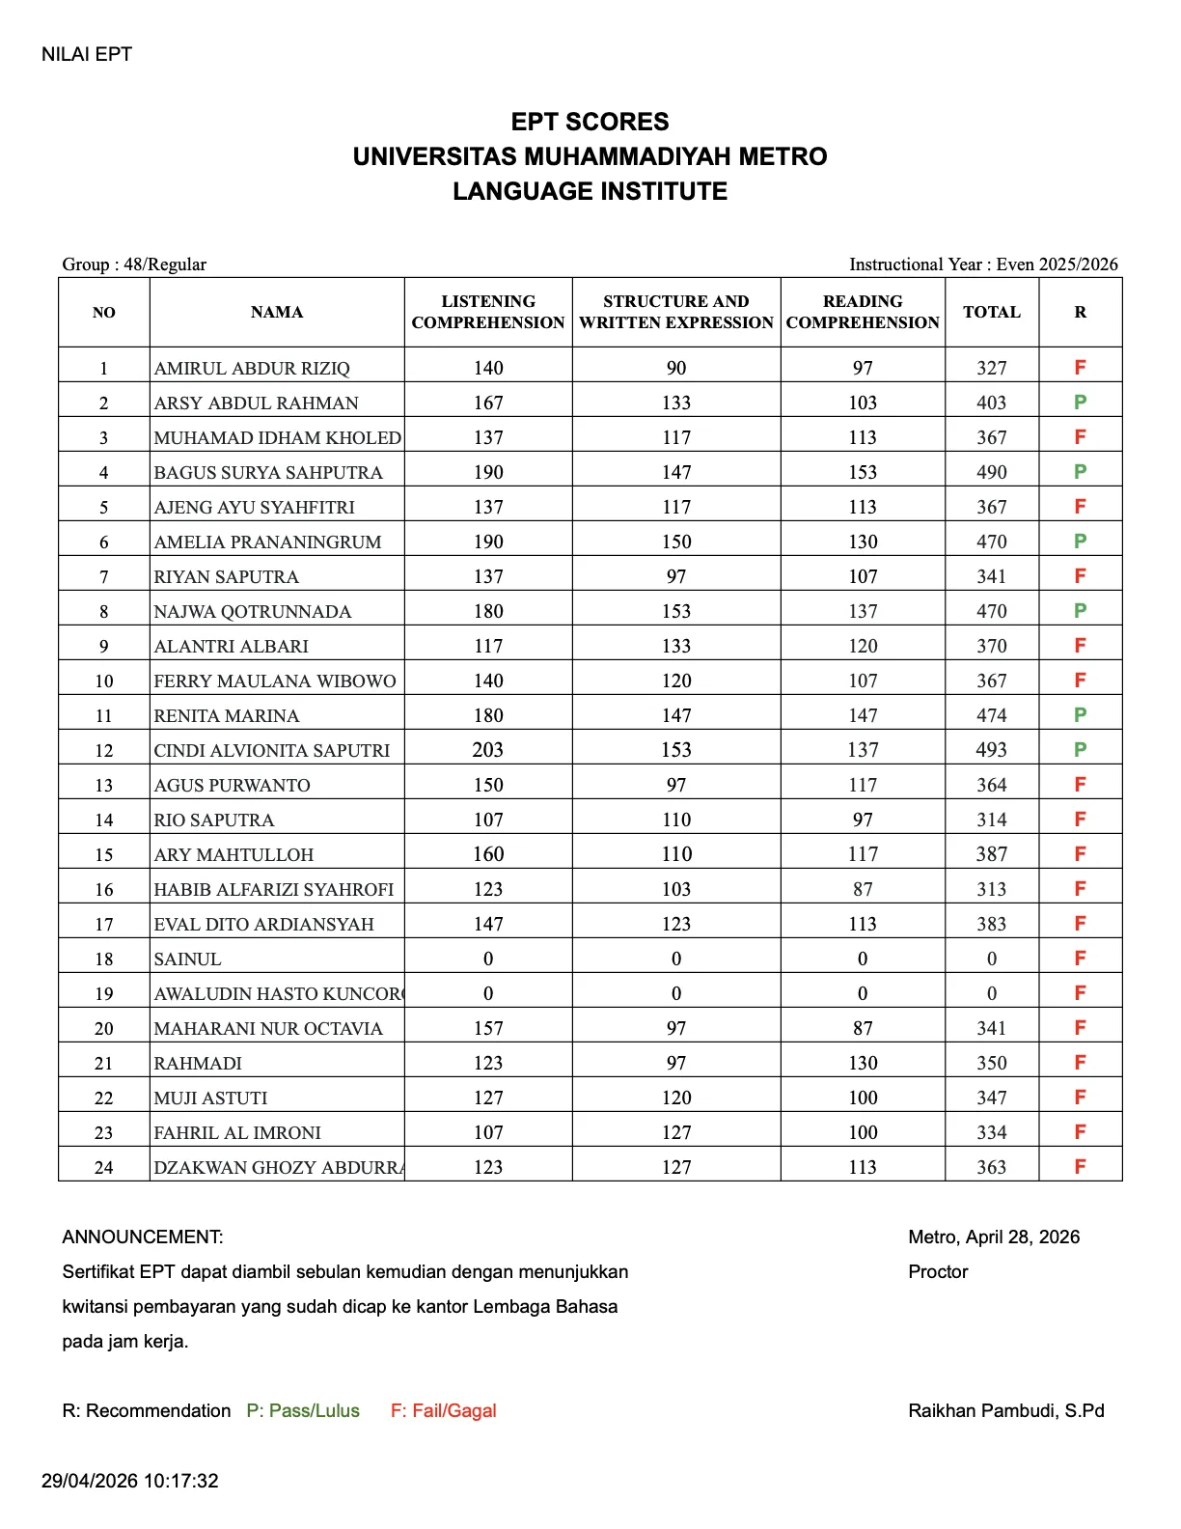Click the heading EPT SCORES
590,122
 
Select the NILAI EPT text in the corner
87,54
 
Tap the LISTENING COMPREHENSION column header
488,312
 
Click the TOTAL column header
991,312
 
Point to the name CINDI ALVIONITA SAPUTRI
272,750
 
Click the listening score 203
488,750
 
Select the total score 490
991,472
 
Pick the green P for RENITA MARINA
1080,715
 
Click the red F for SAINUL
1080,959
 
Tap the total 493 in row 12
991,750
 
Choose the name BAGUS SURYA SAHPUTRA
268,472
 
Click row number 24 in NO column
103,1167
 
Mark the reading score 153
863,472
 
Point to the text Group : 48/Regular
134,264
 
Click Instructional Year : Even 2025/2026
983,264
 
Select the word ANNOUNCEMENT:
143,1237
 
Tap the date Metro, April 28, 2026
994,1237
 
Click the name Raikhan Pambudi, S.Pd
1005,1410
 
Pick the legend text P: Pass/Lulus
303,1410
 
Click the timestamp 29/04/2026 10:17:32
130,1480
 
